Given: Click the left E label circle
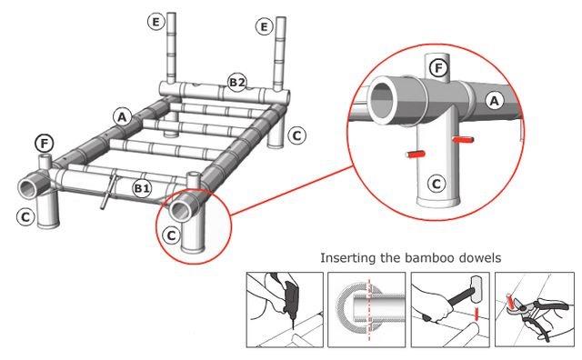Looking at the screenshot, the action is tap(156, 22).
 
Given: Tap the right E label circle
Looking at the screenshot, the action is tap(264, 26).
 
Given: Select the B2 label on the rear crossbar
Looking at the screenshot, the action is tap(236, 82).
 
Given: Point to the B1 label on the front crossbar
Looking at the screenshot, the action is tap(142, 188).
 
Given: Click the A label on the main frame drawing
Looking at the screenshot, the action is tap(122, 117).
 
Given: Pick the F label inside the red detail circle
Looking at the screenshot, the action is tap(438, 68).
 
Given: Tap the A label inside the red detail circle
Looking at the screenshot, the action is tap(494, 101).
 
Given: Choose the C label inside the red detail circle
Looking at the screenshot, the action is tap(436, 184).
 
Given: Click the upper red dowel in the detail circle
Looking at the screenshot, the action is tap(463, 140).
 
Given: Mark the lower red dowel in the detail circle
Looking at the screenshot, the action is tap(416, 154).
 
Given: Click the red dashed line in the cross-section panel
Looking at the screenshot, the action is tap(368, 309).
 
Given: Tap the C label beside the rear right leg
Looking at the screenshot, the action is tap(296, 135).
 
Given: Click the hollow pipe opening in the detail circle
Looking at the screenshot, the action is tap(384, 100).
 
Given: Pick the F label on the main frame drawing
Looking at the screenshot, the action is tap(45, 144).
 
